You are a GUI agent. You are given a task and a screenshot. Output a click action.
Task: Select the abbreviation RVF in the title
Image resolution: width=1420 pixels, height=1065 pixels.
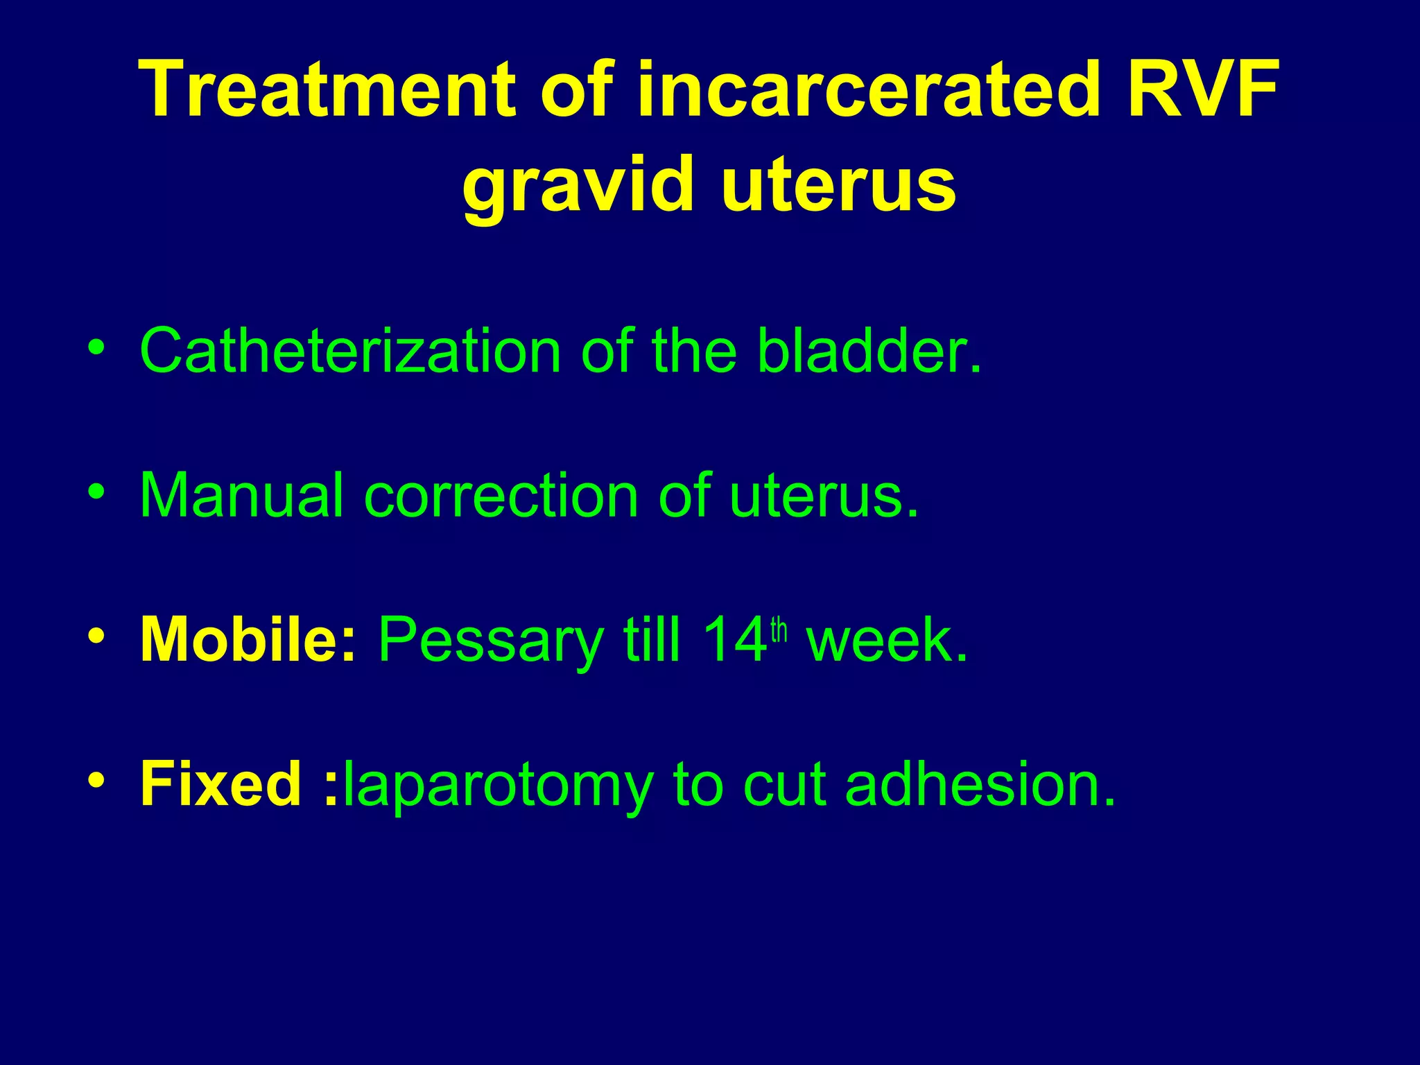[x=1202, y=90]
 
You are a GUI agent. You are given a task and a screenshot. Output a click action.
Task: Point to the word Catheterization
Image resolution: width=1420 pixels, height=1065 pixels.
[x=350, y=351]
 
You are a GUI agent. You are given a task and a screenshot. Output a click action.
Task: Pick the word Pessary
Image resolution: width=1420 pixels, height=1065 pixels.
[x=490, y=642]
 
